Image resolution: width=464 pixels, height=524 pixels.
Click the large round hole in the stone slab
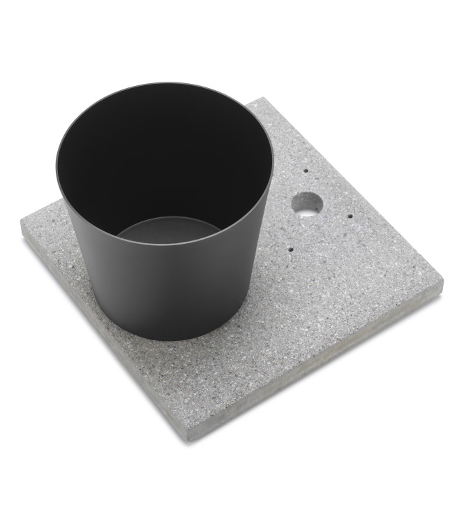[307, 203]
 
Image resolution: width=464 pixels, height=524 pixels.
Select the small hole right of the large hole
[350, 216]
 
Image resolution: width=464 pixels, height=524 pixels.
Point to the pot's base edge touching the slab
[167, 338]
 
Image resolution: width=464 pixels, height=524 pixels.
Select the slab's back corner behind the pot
[264, 99]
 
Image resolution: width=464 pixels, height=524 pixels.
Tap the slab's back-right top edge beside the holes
[356, 189]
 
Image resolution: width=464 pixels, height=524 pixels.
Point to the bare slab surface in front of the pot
[209, 377]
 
